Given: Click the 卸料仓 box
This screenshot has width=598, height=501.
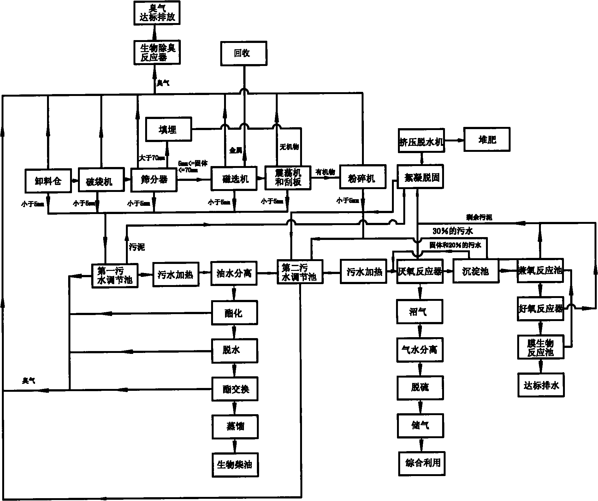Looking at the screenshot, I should coord(48,181).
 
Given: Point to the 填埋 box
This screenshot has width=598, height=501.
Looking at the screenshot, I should coord(169,129).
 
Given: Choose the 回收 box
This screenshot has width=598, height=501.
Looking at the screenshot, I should coord(244,53).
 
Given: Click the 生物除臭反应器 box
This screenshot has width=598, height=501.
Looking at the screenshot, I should coord(157,53).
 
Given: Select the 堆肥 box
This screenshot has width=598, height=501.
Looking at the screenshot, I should coord(487,139).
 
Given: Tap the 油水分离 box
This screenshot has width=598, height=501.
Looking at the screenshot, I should coord(234,273).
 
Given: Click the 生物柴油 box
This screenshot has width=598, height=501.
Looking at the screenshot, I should coord(235,465).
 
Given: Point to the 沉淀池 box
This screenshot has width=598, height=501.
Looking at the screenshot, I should coord(476,271).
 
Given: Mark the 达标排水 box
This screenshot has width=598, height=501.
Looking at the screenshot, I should coord(541,385).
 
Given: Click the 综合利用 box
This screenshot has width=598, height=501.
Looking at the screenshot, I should coord(422,463).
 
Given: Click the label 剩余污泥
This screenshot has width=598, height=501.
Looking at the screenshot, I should coord(479,217).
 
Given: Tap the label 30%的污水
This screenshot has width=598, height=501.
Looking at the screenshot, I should coord(453,231).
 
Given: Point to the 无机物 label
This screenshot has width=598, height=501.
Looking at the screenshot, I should coord(289,146).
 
